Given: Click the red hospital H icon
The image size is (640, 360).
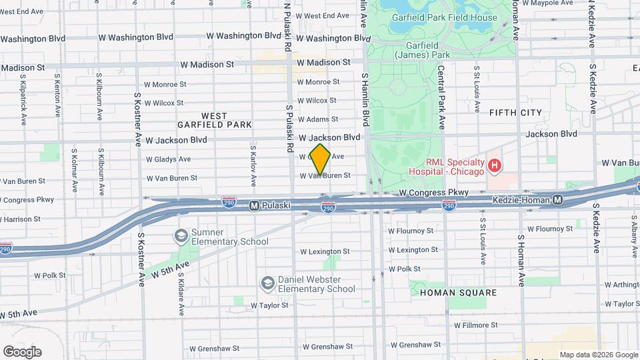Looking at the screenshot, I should [x=495, y=165].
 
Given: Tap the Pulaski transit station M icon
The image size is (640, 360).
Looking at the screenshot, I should [x=254, y=206].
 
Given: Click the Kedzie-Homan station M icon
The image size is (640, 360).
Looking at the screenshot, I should [x=557, y=200].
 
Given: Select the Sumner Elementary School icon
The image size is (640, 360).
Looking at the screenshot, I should [x=181, y=235].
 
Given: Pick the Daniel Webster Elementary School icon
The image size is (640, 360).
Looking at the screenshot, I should [x=267, y=283].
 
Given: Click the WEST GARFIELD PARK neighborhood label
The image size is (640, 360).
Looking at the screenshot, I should [x=214, y=120].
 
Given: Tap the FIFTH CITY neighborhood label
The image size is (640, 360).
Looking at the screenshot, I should [x=515, y=113].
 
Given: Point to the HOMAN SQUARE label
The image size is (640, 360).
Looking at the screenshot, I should [x=458, y=293].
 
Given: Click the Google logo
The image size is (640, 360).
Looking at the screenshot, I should [x=22, y=352].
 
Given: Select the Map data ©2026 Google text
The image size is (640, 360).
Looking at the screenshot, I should [x=598, y=355].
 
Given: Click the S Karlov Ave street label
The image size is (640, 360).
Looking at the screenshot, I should [x=254, y=164].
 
